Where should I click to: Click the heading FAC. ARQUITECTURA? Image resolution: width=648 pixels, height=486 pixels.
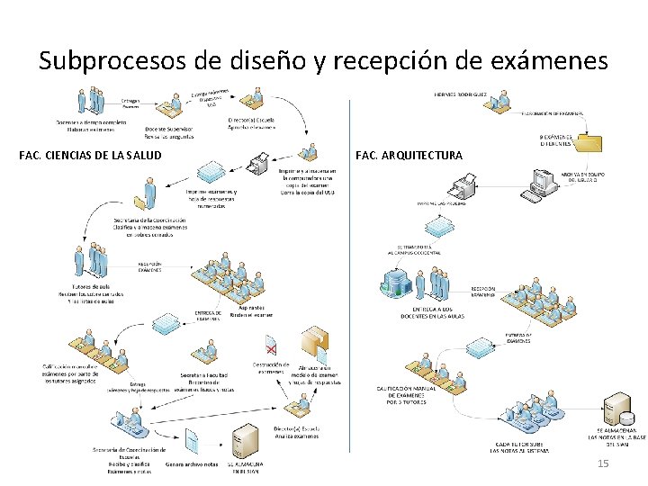(x=409, y=156)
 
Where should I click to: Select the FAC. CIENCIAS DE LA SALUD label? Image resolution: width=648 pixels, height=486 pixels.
(x=90, y=156)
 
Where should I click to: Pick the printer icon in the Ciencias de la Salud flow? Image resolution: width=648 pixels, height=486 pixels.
(x=260, y=164)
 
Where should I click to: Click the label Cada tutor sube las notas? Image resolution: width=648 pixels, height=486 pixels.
(x=519, y=447)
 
